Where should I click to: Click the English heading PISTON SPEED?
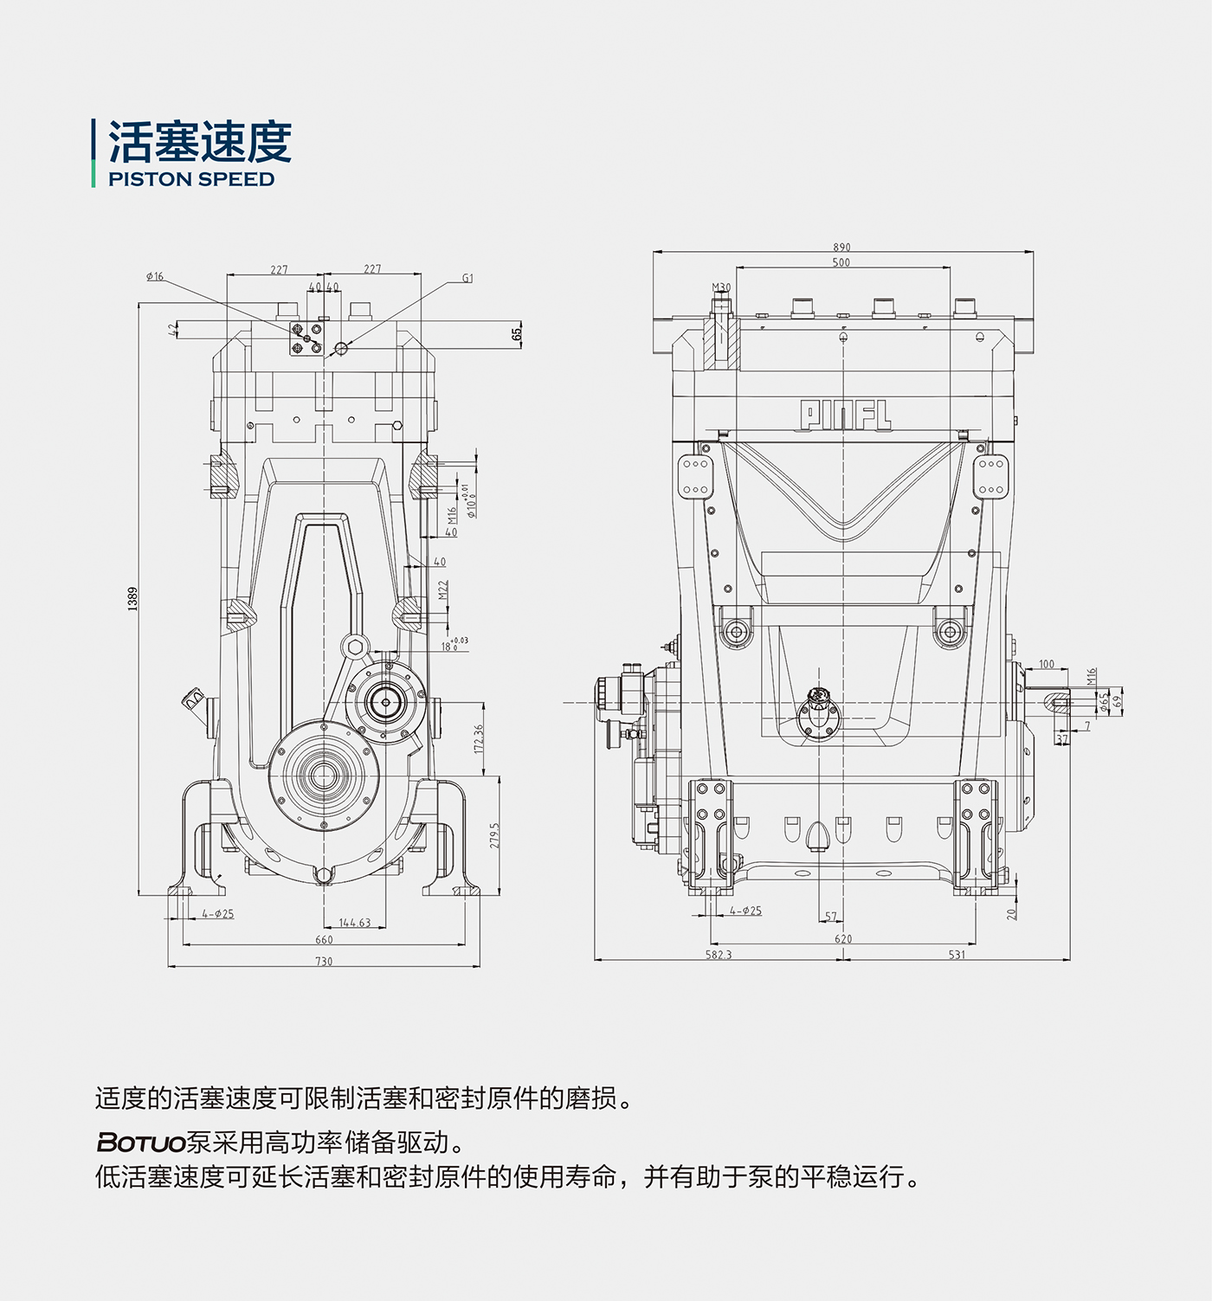tap(191, 179)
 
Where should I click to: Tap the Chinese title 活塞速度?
tap(200, 141)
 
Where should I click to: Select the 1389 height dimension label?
tap(132, 598)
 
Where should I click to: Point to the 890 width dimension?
tap(841, 248)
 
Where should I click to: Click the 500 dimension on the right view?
tap(841, 262)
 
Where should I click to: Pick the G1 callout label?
tap(467, 279)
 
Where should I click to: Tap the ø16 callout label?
tap(155, 277)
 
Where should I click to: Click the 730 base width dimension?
tap(324, 962)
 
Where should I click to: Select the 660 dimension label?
tap(324, 940)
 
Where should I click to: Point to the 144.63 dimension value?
tap(355, 923)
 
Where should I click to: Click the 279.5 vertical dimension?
tap(494, 835)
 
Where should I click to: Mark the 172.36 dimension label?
tap(479, 738)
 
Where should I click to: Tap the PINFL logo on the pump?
tap(845, 415)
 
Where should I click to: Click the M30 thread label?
tap(721, 287)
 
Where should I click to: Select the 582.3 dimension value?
tap(719, 955)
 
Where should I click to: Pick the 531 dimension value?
tap(957, 955)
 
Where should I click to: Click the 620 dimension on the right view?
tap(843, 939)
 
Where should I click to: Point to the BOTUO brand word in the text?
tap(141, 1143)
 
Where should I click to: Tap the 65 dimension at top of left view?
tap(517, 333)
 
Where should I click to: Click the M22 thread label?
tap(443, 590)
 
